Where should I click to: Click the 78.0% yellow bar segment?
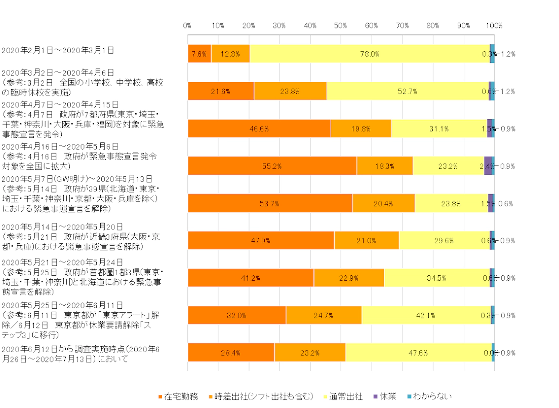coord(370,54)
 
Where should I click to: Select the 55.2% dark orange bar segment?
coord(272,166)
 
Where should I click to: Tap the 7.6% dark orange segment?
coord(199,54)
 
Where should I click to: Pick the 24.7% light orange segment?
coord(324,315)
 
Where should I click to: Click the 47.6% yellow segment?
coord(418,353)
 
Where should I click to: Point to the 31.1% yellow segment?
coord(439,129)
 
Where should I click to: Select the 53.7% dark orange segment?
coord(270,203)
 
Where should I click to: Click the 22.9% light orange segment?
coord(349,278)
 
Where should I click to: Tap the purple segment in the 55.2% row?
coord(488,166)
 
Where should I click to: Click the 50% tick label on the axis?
coord(341,25)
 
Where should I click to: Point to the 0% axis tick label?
coord(187,25)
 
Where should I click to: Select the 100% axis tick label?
coord(494,25)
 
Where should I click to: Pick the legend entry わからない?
coord(432,396)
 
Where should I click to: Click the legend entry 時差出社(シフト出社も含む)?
coord(263,396)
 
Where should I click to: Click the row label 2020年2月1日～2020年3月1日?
coord(58,50)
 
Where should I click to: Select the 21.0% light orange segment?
coord(367,241)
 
